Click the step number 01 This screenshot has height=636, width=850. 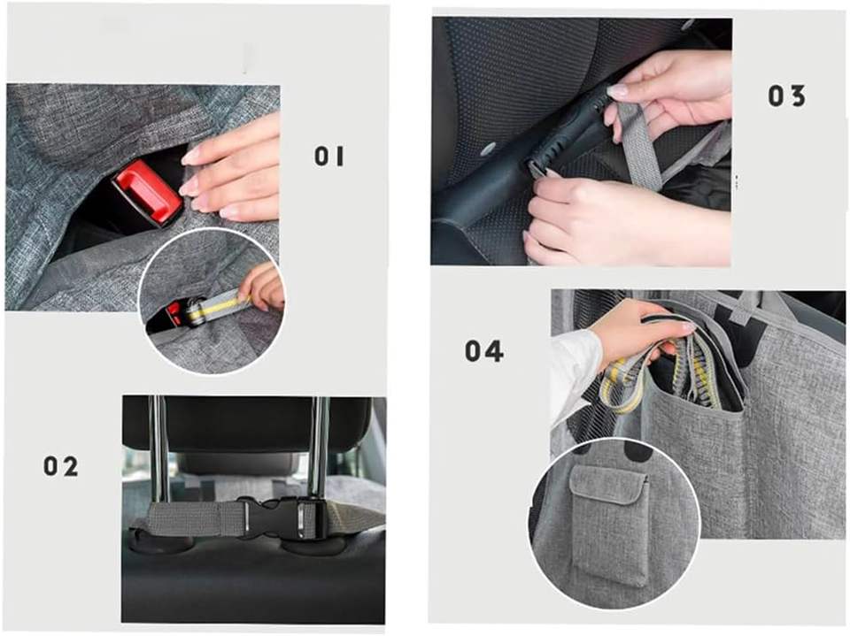pos(329,157)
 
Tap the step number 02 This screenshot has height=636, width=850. pos(61,466)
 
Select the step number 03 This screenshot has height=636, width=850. pos(786,96)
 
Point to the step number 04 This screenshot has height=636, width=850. pos(484,351)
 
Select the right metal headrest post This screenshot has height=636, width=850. pos(318,449)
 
